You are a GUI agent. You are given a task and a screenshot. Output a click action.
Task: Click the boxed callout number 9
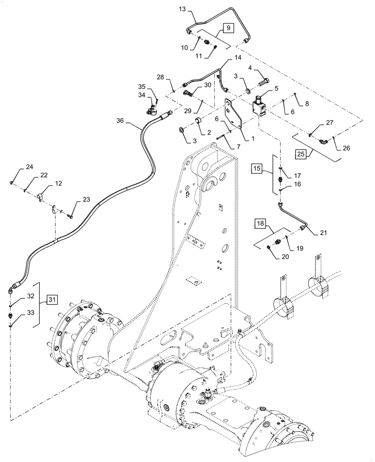coord(229,29)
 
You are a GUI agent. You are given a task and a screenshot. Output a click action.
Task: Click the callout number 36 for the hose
coord(120,120)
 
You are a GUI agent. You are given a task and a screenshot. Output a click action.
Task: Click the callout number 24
coord(16,167)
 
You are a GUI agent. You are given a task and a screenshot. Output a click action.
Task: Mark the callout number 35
coord(142,86)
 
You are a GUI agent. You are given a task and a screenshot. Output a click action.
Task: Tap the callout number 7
coord(238,147)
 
